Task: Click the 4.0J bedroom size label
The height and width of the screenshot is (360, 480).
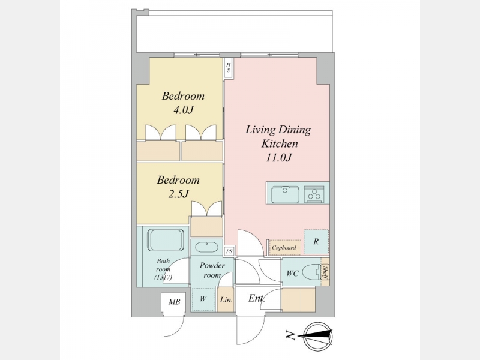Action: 184,110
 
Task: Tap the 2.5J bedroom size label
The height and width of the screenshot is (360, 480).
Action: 178,194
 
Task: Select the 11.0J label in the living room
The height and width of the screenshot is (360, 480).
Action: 278,158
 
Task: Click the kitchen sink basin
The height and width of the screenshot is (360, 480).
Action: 286,194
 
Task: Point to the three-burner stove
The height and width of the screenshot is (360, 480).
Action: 314,194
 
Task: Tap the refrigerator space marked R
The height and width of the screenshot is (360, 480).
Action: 316,242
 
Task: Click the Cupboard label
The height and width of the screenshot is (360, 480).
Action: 284,248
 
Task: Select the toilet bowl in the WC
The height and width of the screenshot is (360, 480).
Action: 311,272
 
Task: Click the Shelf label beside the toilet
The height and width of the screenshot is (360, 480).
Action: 325,272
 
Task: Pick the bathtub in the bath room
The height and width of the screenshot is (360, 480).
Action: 166,240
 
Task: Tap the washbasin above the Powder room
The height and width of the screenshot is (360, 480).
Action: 206,247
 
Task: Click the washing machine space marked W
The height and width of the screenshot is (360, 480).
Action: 203,299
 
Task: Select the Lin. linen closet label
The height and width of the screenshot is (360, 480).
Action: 226,300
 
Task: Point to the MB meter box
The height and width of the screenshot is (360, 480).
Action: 173,302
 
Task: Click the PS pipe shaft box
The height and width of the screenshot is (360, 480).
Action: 229,251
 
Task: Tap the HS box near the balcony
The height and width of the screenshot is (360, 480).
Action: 228,68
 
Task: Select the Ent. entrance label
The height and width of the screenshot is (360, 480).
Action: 257,298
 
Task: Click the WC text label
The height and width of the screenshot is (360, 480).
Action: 292,274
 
